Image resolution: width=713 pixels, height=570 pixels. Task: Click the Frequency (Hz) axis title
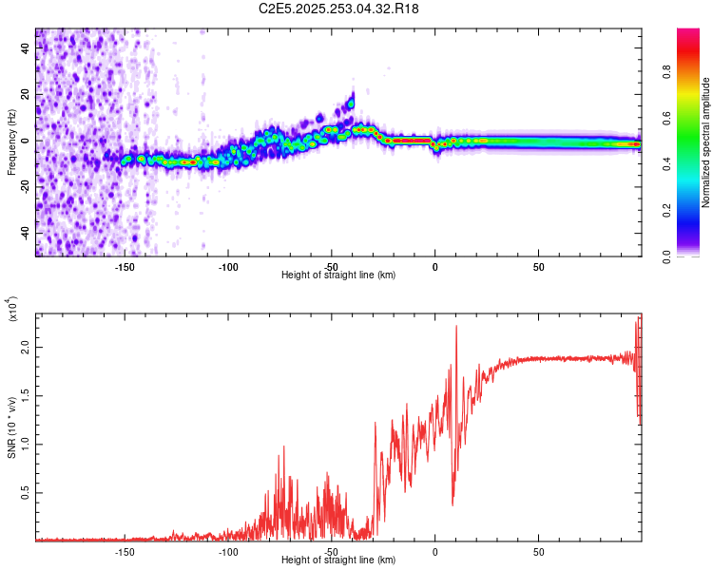(11, 142)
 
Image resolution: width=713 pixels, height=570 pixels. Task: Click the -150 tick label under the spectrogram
(124, 266)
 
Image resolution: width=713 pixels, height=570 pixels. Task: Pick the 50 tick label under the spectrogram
(538, 266)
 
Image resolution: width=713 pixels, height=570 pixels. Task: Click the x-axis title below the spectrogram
(338, 275)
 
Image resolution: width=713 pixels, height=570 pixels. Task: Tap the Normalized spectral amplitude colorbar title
(705, 142)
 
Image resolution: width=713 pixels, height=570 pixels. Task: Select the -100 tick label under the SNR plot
(227, 551)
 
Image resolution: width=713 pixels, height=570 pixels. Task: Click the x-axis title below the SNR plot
(338, 560)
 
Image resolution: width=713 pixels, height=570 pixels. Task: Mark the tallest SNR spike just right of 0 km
(457, 327)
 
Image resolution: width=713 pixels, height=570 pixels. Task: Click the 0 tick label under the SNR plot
(434, 551)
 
